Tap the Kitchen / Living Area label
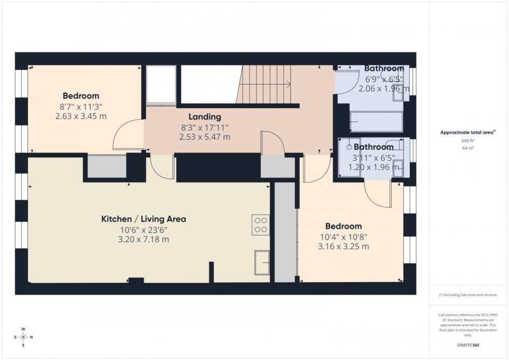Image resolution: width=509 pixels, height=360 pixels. tap(143, 219)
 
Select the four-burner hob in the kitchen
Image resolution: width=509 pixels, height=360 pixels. tap(261, 224)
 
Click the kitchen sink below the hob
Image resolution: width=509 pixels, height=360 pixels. tap(262, 262)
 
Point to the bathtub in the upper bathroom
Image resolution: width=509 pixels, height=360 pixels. tap(377, 122)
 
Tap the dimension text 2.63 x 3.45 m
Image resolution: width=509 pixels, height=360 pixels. tap(81, 116)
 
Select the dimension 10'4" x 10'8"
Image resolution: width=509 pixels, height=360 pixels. tap(343, 236)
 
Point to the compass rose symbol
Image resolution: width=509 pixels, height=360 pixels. tap(23, 337)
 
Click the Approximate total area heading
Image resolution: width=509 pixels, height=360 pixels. tap(468, 132)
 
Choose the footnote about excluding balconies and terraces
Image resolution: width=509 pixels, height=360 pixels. tap(468, 295)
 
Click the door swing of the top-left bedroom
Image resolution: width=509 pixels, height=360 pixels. tap(127, 135)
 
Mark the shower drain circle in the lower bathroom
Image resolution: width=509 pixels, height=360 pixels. tap(350, 146)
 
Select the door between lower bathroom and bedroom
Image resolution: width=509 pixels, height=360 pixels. tap(378, 193)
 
